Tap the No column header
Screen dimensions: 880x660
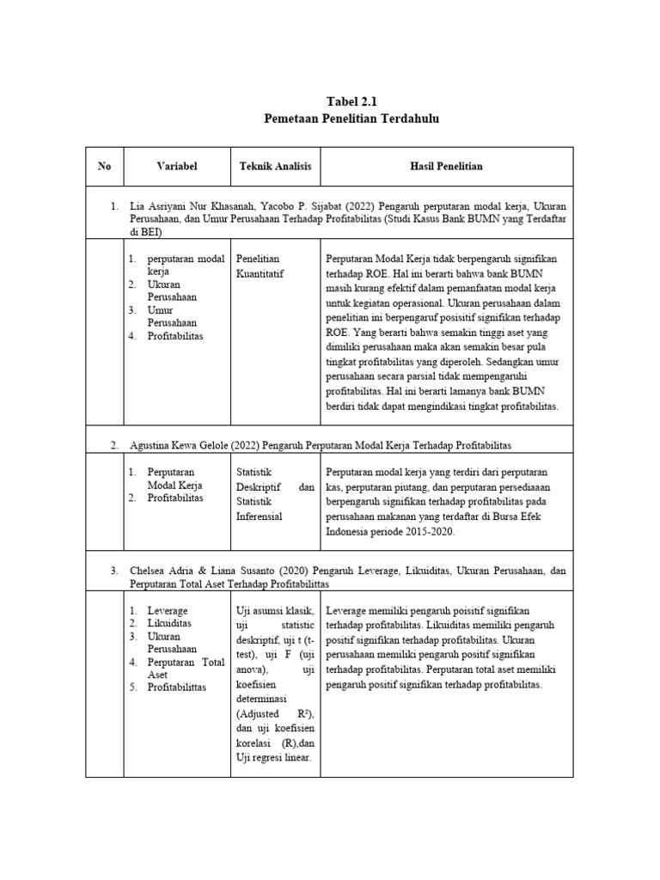pos(105,166)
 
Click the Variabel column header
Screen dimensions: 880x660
pos(177,166)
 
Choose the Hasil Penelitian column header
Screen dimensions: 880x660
pos(446,166)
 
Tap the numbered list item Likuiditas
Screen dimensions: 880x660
pos(169,622)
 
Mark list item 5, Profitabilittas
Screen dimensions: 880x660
pos(176,687)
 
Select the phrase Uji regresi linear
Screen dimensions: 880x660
pos(273,756)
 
